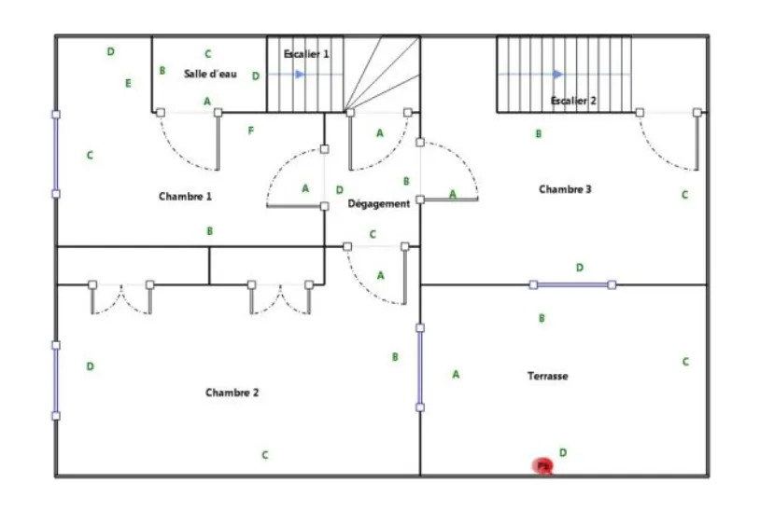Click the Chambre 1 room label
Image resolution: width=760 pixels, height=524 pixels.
(185, 196)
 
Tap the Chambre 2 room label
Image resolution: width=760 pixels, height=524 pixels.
(232, 393)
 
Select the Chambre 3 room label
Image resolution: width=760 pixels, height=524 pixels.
(565, 189)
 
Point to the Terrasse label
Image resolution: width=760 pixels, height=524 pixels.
(547, 376)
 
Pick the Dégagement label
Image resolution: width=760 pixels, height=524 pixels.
(378, 203)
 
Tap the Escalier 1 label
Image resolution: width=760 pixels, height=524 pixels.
(306, 54)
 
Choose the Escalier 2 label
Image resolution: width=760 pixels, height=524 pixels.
(573, 100)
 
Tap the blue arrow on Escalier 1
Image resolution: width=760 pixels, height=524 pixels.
(299, 74)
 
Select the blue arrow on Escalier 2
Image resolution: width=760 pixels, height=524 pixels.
(557, 74)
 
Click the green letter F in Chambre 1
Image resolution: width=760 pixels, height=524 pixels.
(250, 131)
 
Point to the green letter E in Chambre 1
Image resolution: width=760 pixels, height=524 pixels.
(128, 83)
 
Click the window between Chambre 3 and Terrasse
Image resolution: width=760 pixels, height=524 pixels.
(572, 284)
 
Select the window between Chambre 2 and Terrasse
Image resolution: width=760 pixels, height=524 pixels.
(420, 367)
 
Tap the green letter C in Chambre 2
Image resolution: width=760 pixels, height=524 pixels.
(265, 455)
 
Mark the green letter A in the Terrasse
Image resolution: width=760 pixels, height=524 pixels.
(456, 375)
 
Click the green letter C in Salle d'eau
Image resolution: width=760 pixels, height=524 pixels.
(207, 54)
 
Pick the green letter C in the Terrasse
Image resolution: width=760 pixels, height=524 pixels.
(685, 362)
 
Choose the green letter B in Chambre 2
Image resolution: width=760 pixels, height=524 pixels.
(395, 356)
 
